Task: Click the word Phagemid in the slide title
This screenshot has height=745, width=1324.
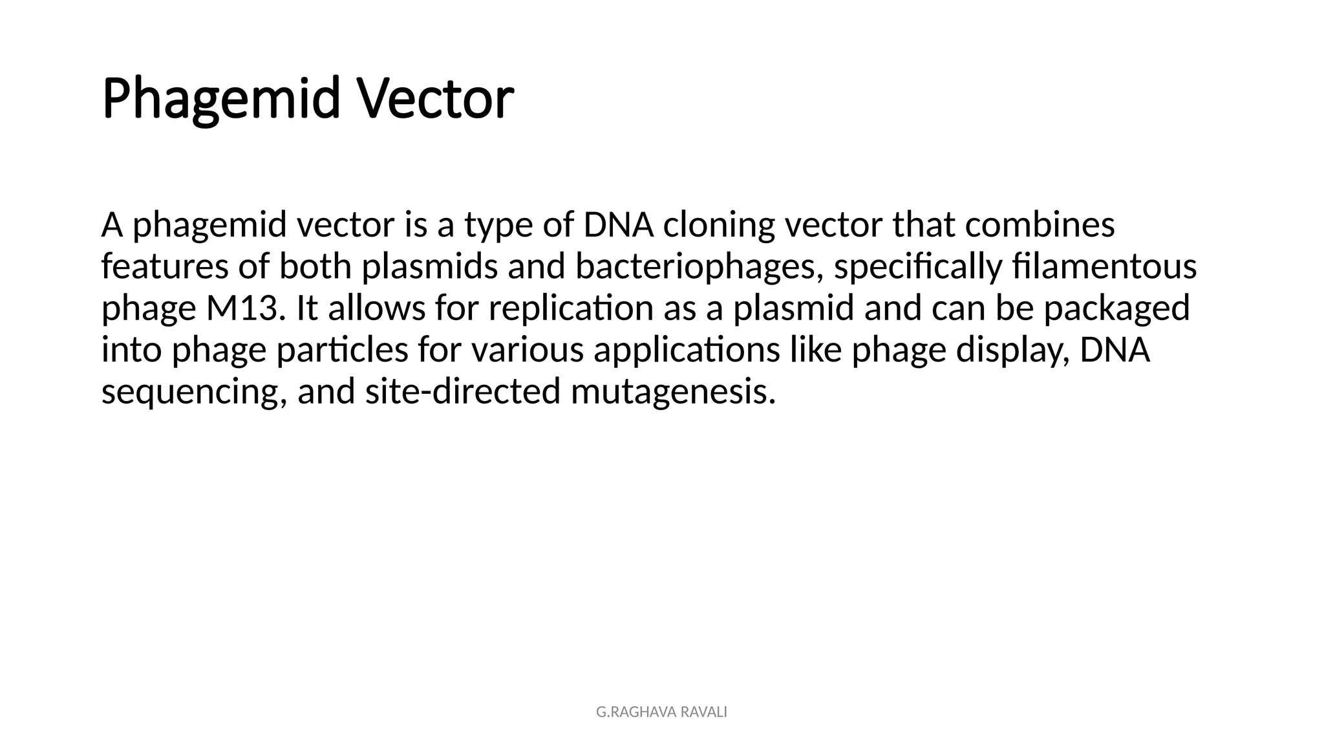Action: (x=220, y=99)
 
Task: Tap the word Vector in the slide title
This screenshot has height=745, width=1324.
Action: (x=436, y=99)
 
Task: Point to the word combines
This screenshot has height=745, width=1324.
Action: (x=1040, y=225)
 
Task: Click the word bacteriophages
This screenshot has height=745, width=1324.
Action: (x=699, y=267)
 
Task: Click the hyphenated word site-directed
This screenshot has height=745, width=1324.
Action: (x=462, y=392)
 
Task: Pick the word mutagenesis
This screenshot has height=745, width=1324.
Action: (x=673, y=392)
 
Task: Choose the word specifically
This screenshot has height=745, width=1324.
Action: (x=918, y=267)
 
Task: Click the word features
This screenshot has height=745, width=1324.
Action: (x=165, y=267)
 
